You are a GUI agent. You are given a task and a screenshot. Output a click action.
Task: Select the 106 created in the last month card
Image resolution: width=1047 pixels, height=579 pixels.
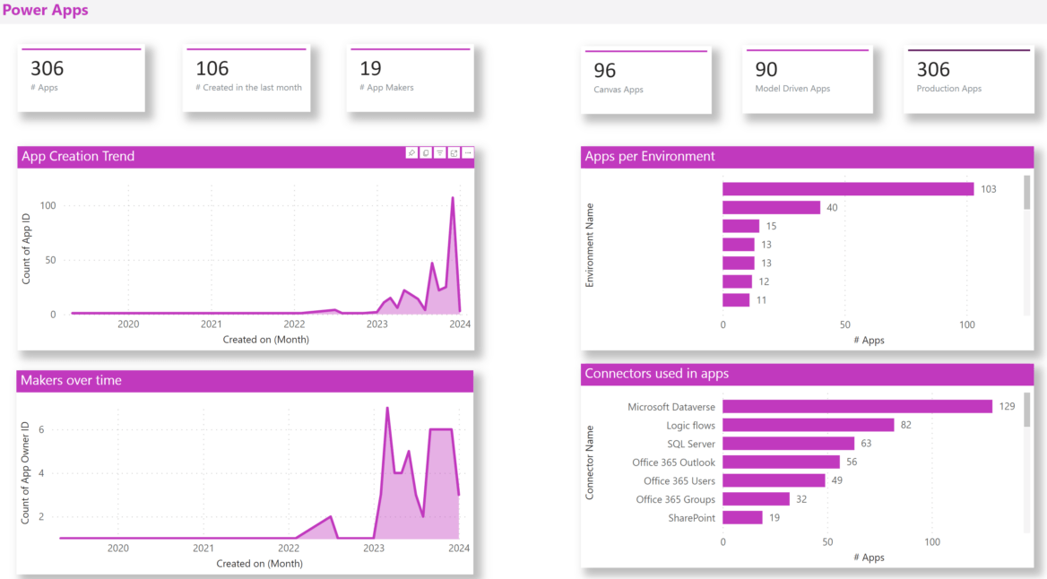click(247, 79)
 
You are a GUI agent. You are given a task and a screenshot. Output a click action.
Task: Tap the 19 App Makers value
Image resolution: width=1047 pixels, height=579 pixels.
click(370, 69)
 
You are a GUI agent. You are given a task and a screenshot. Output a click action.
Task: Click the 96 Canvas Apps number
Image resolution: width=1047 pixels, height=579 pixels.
click(605, 70)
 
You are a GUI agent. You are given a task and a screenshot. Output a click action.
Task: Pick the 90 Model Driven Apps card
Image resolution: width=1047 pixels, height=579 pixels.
click(807, 80)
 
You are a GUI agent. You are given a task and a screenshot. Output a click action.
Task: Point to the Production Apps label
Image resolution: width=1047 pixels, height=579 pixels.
click(948, 89)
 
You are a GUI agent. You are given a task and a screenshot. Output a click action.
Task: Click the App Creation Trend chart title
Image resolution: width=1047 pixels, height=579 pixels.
click(78, 156)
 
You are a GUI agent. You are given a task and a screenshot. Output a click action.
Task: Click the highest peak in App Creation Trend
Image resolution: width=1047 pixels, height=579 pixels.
click(453, 198)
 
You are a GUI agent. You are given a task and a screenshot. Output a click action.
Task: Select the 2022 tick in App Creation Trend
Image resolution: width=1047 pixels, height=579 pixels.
click(294, 324)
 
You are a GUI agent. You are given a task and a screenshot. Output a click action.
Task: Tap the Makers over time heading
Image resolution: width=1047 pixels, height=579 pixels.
click(70, 381)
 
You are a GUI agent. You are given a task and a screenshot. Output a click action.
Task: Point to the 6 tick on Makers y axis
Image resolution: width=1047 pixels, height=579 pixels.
click(40, 430)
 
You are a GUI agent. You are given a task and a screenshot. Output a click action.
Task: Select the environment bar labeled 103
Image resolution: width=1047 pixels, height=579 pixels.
click(847, 189)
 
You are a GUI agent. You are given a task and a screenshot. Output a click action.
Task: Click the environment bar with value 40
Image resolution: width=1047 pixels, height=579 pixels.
click(771, 208)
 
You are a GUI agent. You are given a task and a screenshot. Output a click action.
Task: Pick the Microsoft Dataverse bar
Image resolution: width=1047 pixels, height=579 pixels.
click(857, 407)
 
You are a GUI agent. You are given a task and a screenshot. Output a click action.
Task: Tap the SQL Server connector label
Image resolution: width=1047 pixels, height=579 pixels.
click(690, 444)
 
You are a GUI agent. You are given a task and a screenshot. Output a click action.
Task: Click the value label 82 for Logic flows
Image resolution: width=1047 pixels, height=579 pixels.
click(905, 425)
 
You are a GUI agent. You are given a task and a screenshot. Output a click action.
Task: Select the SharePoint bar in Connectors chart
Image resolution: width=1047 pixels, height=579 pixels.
click(742, 518)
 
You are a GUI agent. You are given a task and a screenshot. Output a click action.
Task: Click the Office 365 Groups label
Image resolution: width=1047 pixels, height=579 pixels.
click(675, 499)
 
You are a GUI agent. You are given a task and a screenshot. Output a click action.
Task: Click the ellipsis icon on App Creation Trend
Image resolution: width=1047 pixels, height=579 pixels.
click(468, 153)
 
